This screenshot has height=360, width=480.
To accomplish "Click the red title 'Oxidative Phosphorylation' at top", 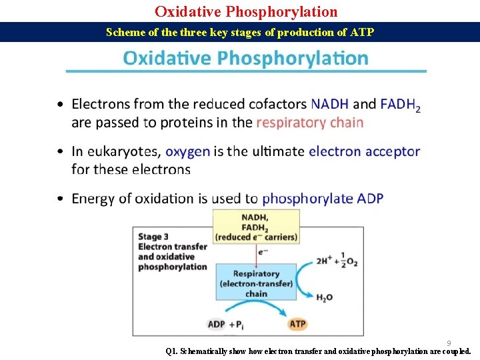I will (246, 11).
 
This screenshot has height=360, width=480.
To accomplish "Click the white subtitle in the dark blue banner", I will (240, 32).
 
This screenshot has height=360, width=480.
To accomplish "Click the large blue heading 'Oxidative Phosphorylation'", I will (245, 59).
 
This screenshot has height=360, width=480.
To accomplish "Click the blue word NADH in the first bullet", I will (329, 104).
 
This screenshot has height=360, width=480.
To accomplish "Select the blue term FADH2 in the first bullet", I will (400, 105).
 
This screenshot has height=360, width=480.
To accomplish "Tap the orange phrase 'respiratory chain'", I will (310, 122).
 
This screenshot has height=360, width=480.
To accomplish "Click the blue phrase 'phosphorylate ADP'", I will (323, 198).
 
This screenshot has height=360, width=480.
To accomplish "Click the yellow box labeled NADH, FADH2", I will (255, 227).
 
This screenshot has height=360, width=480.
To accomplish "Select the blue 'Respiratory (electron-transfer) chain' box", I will (256, 283).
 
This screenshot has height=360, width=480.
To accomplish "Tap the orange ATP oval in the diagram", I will (297, 324).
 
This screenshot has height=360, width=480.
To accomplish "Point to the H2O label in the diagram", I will (324, 297).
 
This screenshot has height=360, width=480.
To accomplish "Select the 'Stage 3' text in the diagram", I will (153, 236).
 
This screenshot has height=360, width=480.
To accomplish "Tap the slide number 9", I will (449, 343).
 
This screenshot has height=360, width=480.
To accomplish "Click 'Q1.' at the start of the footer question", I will (172, 351).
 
